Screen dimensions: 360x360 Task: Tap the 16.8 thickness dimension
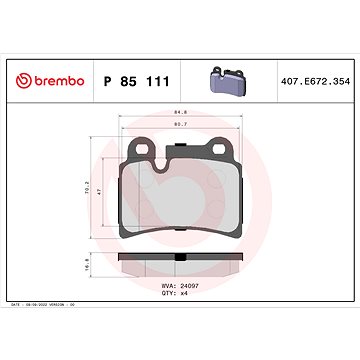pyautogui.click(x=87, y=268)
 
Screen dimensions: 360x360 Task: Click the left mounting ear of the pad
pyautogui.click(x=143, y=151)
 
